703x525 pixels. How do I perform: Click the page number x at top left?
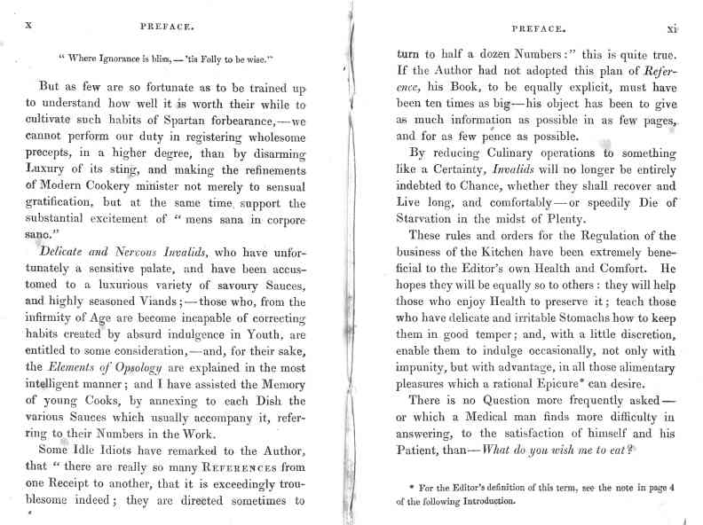point(28,26)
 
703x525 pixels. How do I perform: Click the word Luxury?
point(47,168)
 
